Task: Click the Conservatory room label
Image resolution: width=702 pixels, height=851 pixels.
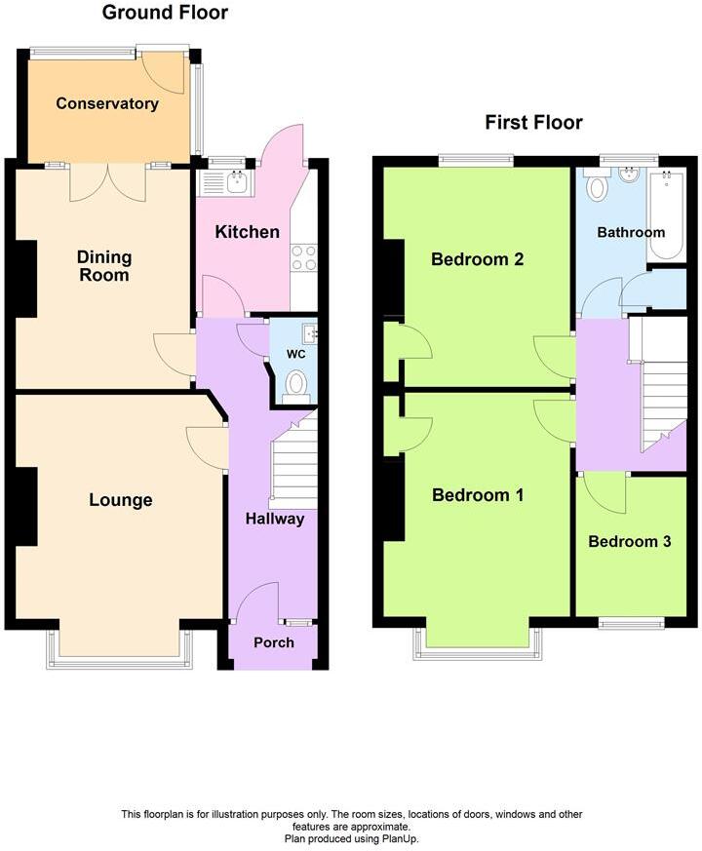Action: [x=107, y=103]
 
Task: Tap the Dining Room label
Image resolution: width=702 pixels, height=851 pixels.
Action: [x=104, y=266]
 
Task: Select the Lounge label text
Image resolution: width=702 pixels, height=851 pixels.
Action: [x=121, y=500]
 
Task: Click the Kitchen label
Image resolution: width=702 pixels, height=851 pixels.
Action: [x=247, y=232]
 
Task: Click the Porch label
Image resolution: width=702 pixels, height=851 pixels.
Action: [x=273, y=642]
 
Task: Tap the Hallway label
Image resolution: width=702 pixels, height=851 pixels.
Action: [x=275, y=519]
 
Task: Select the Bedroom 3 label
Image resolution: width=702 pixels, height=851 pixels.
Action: [x=630, y=542]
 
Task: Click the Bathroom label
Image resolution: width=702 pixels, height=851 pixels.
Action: [x=631, y=232]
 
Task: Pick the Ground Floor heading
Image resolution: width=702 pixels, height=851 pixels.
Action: [x=165, y=13]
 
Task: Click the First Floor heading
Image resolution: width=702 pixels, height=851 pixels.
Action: [x=533, y=122]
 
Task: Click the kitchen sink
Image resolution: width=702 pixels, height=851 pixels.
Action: [x=237, y=180]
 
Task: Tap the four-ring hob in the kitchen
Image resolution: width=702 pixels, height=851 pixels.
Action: [x=304, y=257]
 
